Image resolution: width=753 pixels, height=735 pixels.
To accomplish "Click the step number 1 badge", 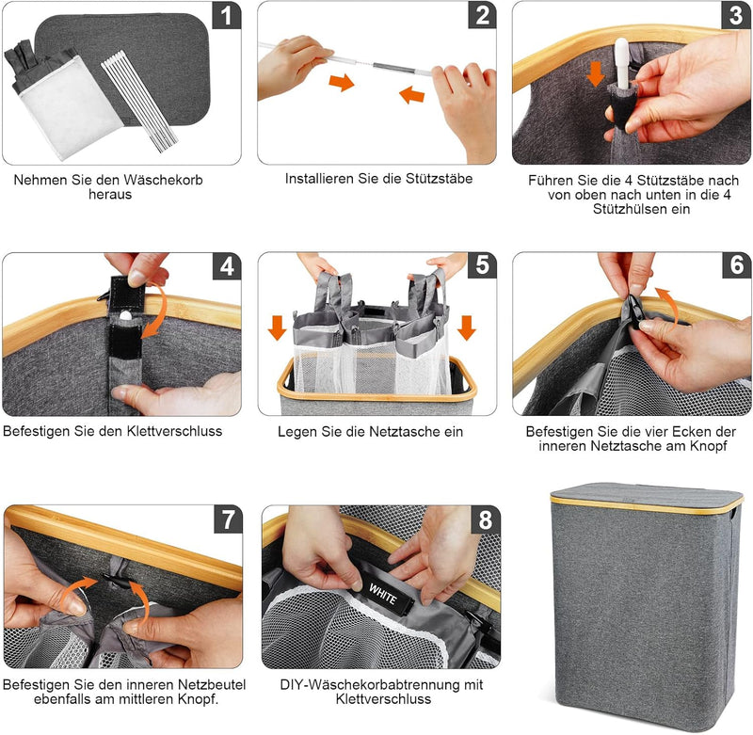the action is tap(226, 15).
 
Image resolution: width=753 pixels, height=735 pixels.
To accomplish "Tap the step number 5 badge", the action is tap(482, 266).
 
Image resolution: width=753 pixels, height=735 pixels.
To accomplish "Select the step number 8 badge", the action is tap(485, 519).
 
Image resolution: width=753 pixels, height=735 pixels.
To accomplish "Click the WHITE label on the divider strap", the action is tap(383, 596).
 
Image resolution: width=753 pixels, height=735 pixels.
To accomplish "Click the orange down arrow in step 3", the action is tap(596, 73).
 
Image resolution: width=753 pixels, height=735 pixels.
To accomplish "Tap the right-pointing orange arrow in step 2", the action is tap(341, 82).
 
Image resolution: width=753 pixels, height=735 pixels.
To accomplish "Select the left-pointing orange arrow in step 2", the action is tap(411, 94).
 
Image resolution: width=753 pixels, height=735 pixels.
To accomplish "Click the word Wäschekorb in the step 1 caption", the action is tap(163, 180).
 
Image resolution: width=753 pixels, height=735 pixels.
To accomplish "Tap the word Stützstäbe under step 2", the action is tap(439, 179).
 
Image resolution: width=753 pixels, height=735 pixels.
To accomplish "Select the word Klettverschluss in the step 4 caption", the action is tap(174, 431).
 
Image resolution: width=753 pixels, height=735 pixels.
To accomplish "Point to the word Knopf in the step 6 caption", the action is tap(708, 446).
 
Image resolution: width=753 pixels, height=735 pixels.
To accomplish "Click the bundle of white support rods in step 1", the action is tap(139, 104).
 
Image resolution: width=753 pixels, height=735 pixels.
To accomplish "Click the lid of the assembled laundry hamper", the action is tap(646, 498).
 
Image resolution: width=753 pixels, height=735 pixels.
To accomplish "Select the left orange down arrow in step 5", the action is tap(277, 328).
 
